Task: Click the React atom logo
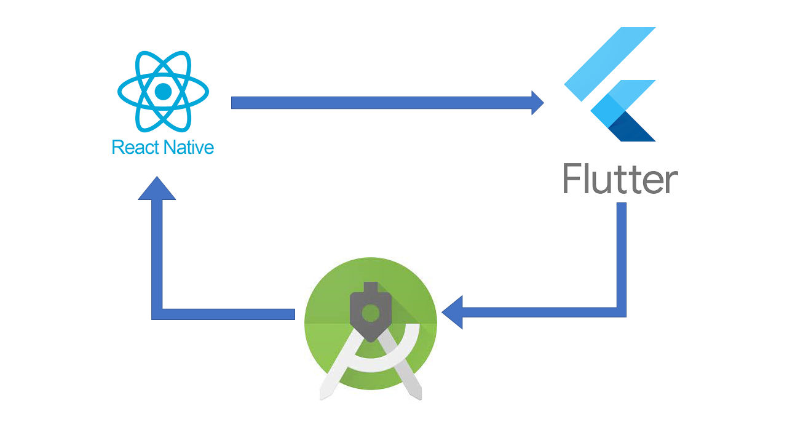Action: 163,92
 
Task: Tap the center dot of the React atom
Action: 163,92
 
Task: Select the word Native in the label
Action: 188,148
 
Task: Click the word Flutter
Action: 620,179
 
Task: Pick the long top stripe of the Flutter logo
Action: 609,64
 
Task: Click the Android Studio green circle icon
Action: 371,323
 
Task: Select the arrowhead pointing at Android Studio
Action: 452,311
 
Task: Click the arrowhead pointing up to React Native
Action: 157,188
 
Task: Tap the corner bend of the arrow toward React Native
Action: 157,314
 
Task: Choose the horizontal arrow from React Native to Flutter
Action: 381,103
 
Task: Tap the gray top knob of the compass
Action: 370,288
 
